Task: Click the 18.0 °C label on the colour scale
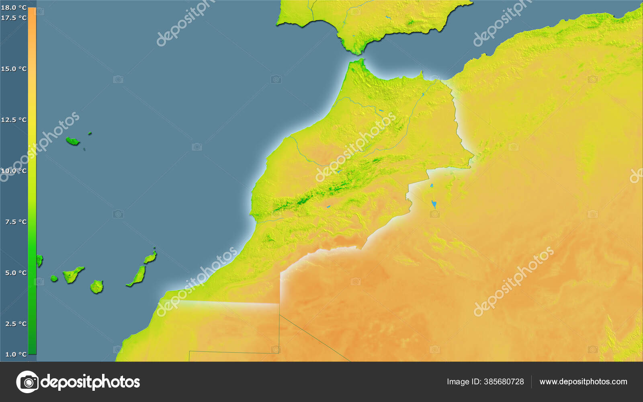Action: (14, 8)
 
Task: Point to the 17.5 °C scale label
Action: (14, 18)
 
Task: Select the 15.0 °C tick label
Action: (14, 69)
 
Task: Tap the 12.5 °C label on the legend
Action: (14, 120)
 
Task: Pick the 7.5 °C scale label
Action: (16, 222)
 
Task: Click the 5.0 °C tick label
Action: (16, 273)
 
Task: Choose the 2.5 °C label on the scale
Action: (16, 324)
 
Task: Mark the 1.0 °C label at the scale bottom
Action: (16, 354)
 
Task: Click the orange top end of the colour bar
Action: (32, 12)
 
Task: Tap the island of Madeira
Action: (72, 141)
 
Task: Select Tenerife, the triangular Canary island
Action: (72, 275)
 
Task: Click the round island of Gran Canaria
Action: (96, 287)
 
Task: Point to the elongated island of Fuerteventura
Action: (137, 276)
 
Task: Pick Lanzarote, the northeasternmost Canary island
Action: (150, 257)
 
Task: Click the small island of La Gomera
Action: (54, 278)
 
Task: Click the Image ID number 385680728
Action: (504, 381)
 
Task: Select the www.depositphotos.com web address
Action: (583, 381)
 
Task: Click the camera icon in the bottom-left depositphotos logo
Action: (27, 381)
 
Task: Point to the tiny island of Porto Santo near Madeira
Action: (90, 133)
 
